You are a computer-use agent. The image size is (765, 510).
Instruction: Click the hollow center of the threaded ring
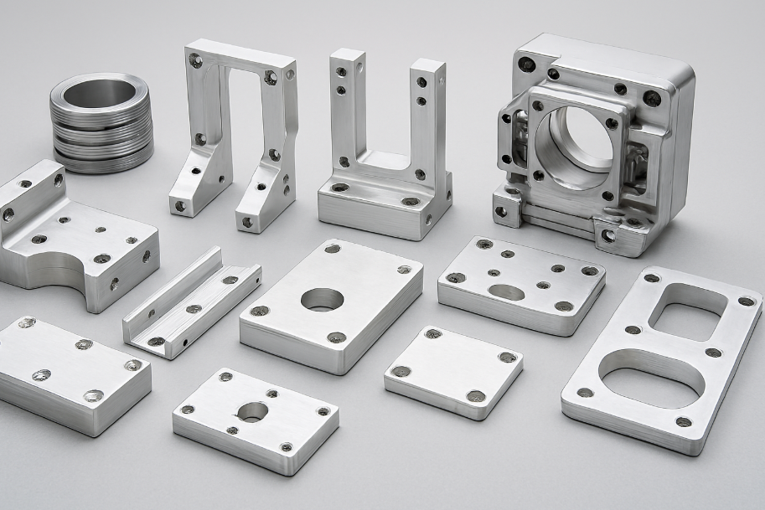point(100,93)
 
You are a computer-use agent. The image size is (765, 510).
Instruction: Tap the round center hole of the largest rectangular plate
point(323,299)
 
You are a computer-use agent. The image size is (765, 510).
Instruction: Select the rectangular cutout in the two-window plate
point(687,311)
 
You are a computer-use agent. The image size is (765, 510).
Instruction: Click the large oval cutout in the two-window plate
point(652,379)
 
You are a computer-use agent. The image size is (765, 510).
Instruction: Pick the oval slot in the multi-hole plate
point(506,292)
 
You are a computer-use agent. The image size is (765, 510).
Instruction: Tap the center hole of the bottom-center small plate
point(252,411)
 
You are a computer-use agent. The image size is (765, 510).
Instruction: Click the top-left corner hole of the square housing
point(526,64)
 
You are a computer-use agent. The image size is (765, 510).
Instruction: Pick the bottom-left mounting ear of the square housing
point(507,206)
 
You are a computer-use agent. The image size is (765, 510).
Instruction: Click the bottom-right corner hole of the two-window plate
point(684,422)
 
